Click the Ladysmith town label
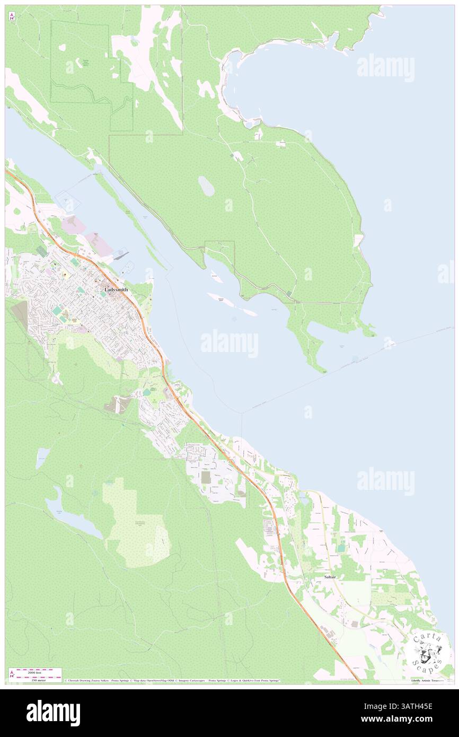[x=116, y=290]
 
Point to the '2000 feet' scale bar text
[x=36, y=672]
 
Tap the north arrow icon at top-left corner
[x=12, y=16]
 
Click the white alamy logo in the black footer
[x=53, y=713]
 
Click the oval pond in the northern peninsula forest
[x=206, y=186]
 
